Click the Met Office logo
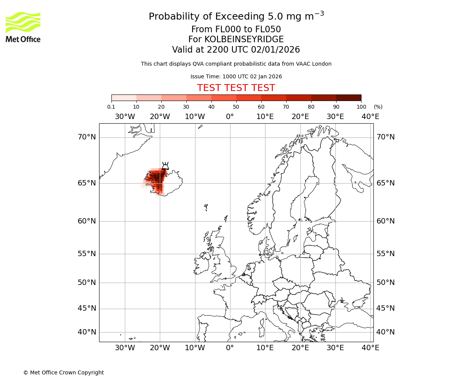tap(23, 27)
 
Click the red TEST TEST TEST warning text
tap(236, 88)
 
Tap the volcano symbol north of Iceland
tap(165, 166)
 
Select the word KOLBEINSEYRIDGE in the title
tap(244, 40)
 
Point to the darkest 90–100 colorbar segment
tap(348, 98)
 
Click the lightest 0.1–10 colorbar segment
tap(124, 98)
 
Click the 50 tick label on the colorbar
tap(236, 107)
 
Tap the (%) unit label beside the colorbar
tap(378, 107)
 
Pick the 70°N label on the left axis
tap(87, 137)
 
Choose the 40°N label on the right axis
tap(385, 332)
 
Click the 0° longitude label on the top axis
tap(230, 117)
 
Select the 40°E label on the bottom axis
tap(370, 348)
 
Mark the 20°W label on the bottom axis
tap(160, 348)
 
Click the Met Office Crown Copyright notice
tap(63, 372)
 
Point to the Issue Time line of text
tap(236, 76)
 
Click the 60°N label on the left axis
tap(87, 221)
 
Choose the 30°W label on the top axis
tap(125, 117)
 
